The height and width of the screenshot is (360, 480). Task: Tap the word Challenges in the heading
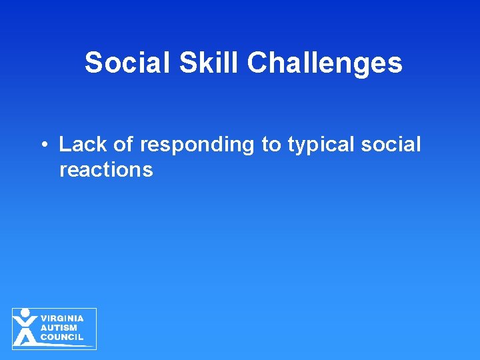pos(325,64)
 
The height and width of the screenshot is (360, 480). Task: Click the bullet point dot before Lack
pos(42,145)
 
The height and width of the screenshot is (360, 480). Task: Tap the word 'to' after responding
pos(271,145)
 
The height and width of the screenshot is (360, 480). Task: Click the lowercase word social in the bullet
pos(393,145)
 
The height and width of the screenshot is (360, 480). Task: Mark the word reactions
pos(106,170)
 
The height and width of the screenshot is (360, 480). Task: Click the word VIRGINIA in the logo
pos(62,319)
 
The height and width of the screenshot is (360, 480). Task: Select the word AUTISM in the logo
pos(59,328)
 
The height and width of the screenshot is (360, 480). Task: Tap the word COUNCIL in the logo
pos(62,337)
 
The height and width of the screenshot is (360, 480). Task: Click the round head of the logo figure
pos(25,313)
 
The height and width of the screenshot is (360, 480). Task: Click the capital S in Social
pos(93,63)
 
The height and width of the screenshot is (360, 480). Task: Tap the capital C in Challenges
pos(257,63)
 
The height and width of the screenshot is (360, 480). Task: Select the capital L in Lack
pos(65,145)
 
